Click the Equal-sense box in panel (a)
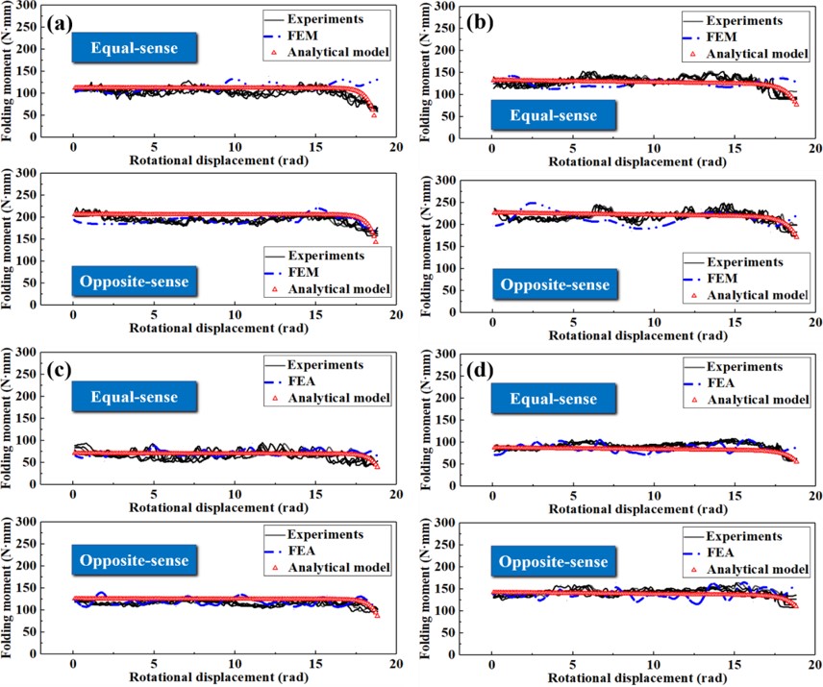coord(139,47)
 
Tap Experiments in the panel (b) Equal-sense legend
coord(746,19)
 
